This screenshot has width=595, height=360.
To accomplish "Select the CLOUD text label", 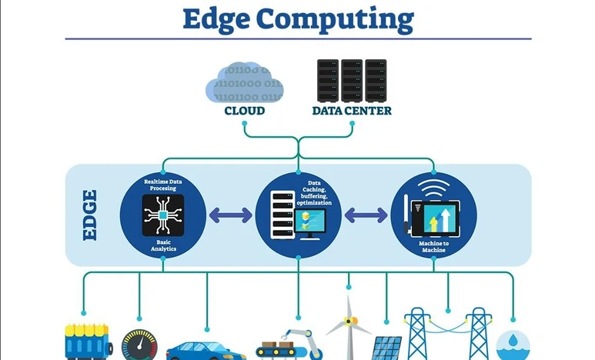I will point(244,111).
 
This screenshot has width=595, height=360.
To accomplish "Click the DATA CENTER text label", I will point(352,111).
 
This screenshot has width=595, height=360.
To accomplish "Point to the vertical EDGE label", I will point(91,215).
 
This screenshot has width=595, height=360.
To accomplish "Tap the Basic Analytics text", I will point(162,246).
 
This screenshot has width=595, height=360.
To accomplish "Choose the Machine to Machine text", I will point(433,247).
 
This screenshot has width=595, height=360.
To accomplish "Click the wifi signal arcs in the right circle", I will point(433,188).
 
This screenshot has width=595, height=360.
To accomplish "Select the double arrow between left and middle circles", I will point(230,215).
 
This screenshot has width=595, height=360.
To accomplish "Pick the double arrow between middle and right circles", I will point(366,215).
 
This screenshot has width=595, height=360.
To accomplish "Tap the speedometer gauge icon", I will point(139,345).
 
